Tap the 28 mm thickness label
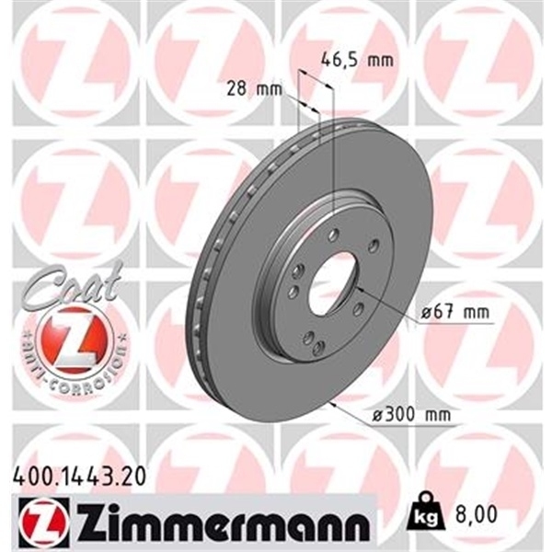(x=251, y=90)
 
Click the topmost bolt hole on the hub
(x=333, y=234)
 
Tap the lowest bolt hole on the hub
(x=317, y=348)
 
